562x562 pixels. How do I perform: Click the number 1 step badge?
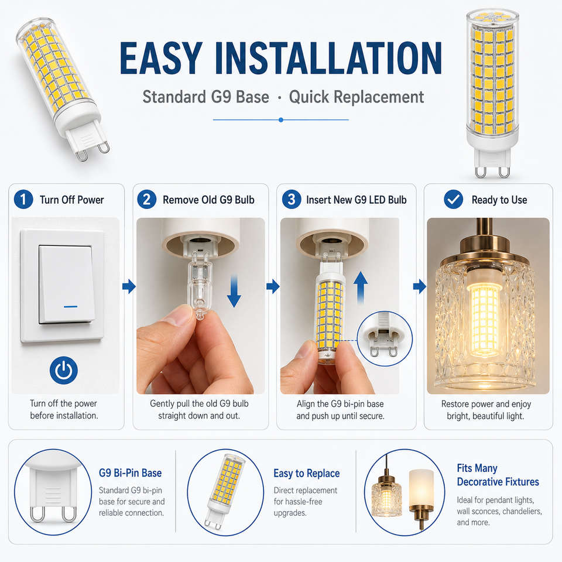(x=23, y=199)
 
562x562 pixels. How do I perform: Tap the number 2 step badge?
(x=146, y=199)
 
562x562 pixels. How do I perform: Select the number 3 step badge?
(x=292, y=199)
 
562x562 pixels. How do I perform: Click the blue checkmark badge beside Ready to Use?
(x=453, y=199)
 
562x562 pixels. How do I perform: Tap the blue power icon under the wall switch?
(x=63, y=370)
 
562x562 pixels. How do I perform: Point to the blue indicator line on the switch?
(x=71, y=307)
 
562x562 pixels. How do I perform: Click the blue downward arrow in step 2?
(x=234, y=291)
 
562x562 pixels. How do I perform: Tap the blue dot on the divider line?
(x=281, y=119)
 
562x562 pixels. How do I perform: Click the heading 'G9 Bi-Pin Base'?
(x=130, y=473)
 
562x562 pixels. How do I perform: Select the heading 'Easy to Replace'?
(x=306, y=474)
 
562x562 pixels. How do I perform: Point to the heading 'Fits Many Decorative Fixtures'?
(x=498, y=475)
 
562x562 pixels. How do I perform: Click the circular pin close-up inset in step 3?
(x=385, y=339)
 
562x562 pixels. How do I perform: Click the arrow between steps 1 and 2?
(x=129, y=286)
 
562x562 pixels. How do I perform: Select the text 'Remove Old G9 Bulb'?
(x=208, y=200)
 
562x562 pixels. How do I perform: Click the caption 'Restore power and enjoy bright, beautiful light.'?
(x=486, y=410)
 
